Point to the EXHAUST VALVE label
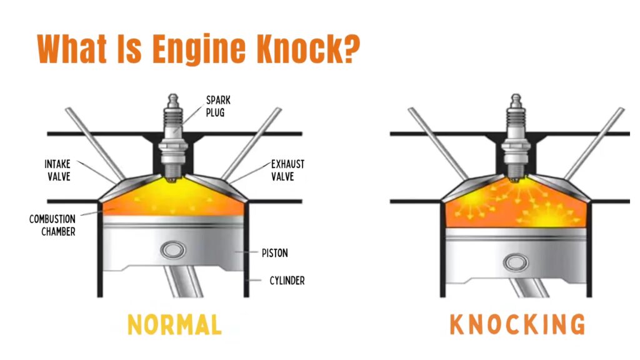[x=287, y=169]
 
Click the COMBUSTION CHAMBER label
[x=52, y=225]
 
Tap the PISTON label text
[x=275, y=254]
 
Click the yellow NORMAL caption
[x=174, y=325]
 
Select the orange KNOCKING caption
[x=517, y=325]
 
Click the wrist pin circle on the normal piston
[x=173, y=250]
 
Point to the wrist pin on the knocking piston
[x=516, y=262]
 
